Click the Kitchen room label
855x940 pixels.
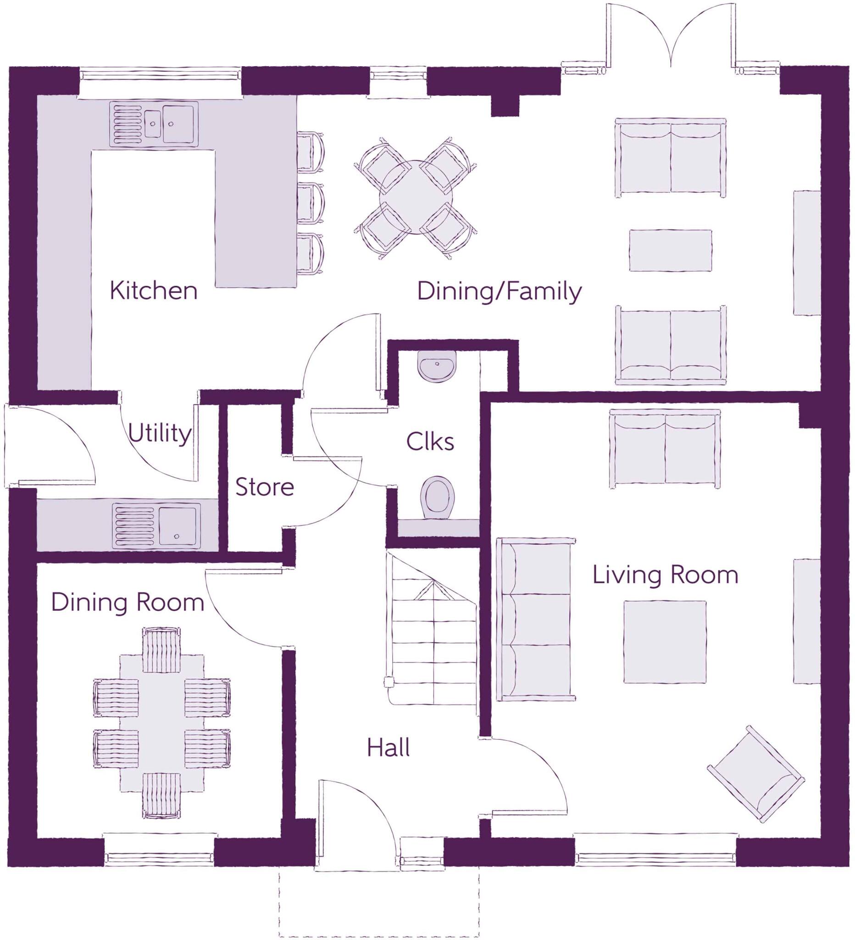click(153, 291)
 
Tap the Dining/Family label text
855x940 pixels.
click(499, 291)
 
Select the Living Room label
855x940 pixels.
click(665, 575)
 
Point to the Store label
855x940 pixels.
click(264, 487)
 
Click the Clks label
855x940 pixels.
click(430, 442)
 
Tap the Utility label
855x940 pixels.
click(159, 433)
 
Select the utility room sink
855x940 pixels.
click(157, 525)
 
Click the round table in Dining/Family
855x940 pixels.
click(416, 198)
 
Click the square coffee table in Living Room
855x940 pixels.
click(665, 642)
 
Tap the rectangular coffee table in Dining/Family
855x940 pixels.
click(670, 251)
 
